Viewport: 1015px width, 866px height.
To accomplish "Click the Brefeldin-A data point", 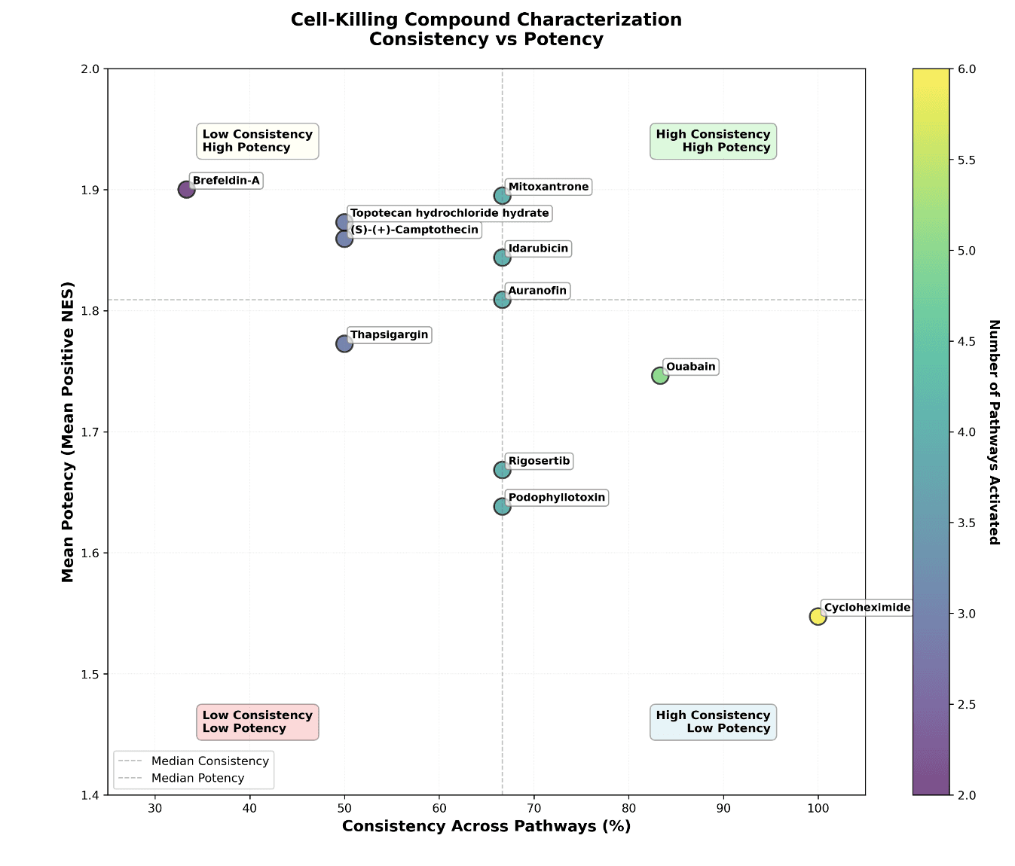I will pos(187,190).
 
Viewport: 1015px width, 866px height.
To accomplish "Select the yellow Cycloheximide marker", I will pos(818,616).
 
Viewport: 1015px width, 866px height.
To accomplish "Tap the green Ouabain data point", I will pos(660,375).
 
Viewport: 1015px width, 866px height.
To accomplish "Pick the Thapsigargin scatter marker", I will pos(344,343).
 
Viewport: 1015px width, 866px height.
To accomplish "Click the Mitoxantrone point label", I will pos(548,187).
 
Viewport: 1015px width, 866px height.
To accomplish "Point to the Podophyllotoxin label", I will pos(556,498).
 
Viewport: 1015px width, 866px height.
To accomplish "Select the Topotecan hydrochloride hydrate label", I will pos(449,213).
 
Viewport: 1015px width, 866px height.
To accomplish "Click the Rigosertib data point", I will pos(503,470).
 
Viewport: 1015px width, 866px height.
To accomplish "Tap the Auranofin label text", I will pos(537,291).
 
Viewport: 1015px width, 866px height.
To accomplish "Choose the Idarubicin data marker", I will pos(503,258).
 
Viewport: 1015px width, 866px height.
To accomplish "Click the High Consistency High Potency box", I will pos(713,141).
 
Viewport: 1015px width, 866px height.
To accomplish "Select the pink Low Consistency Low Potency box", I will pos(257,721).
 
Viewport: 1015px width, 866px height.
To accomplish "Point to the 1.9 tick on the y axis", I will pos(90,190).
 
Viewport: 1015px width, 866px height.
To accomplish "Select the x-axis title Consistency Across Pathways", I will pos(486,826).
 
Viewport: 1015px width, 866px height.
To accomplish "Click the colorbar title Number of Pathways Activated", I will pos(993,431).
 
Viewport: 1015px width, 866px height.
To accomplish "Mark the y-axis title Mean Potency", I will pos(68,431).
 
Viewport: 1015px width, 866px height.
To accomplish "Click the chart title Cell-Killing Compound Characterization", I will pos(486,20).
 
